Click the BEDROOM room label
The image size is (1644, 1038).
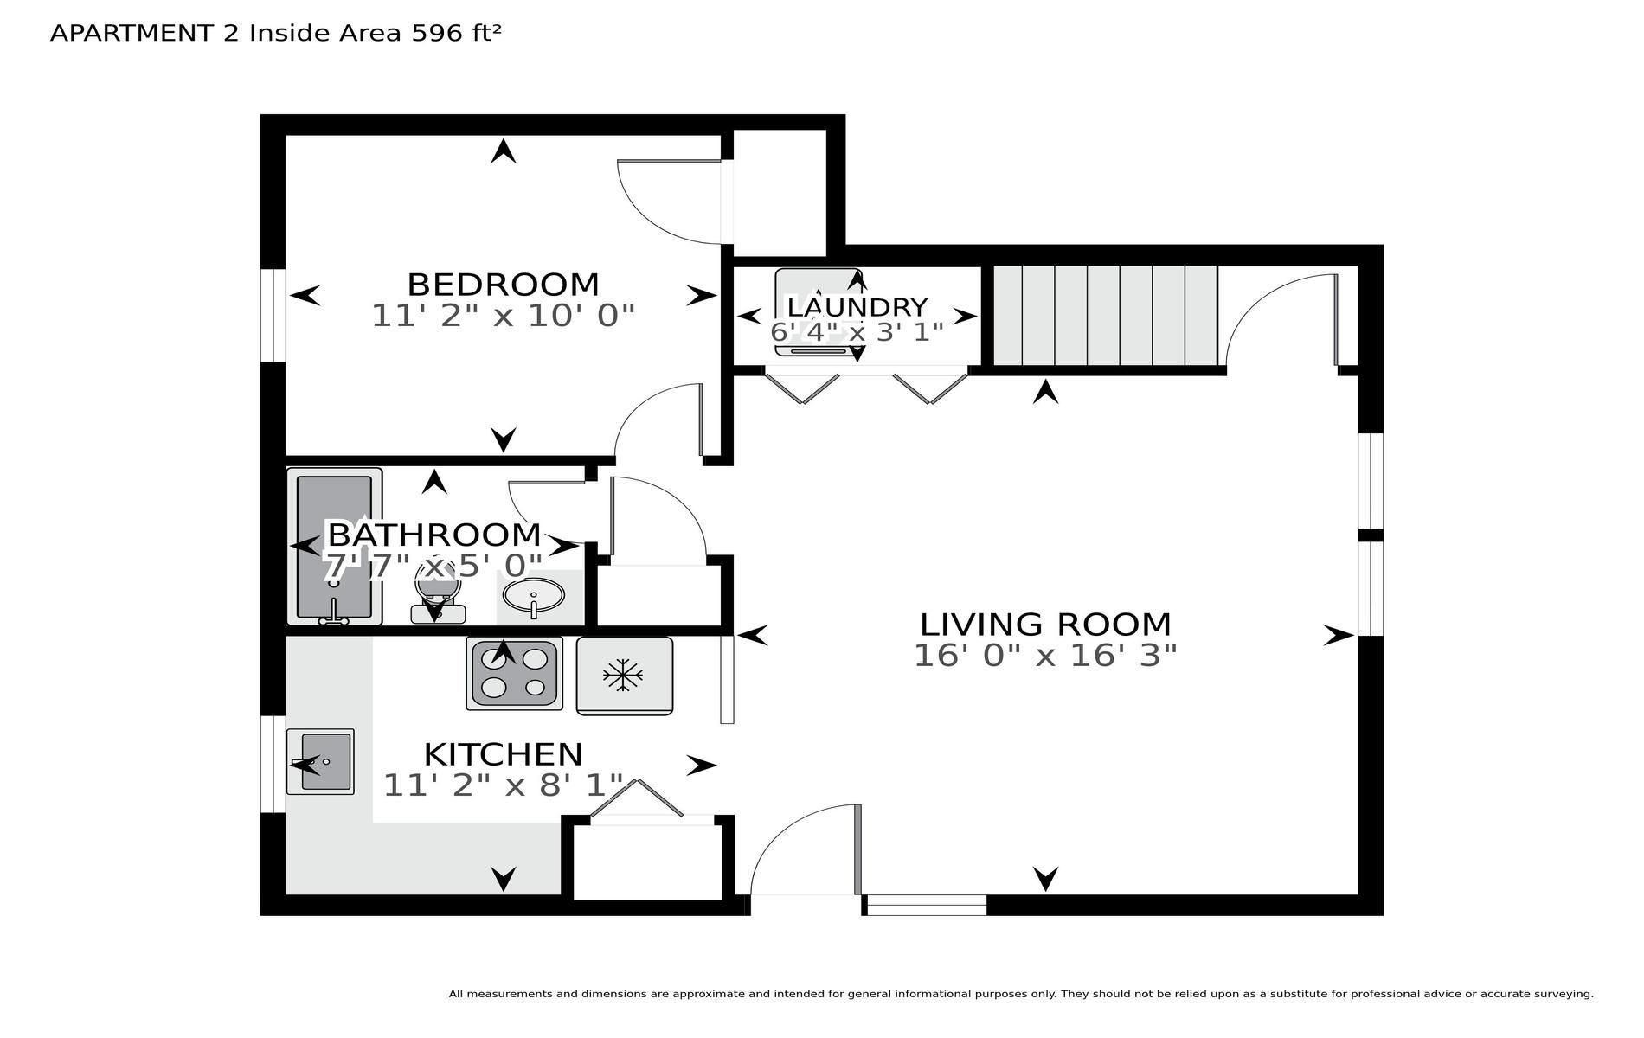pos(503,285)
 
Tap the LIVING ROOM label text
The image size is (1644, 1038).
pos(1045,625)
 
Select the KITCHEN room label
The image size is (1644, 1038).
pos(503,754)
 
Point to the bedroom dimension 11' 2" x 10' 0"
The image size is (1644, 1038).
pos(503,316)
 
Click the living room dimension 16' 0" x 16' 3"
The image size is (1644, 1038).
pos(1045,656)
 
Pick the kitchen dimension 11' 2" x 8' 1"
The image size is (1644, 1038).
pos(503,785)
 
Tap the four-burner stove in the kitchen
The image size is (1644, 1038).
pos(514,673)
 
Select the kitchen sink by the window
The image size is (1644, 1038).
pos(320,761)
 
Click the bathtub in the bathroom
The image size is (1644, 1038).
pos(335,547)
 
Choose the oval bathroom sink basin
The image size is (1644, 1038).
pos(533,596)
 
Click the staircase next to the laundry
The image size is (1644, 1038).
pos(1104,316)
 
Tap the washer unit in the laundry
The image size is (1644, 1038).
pos(819,311)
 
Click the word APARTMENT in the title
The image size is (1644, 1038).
pos(132,33)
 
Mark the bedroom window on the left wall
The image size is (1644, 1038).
pos(273,315)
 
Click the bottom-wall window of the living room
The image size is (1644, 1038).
pos(927,905)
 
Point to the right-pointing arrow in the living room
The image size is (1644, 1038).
pos(1339,636)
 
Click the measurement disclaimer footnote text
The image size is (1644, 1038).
pos(1021,994)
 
